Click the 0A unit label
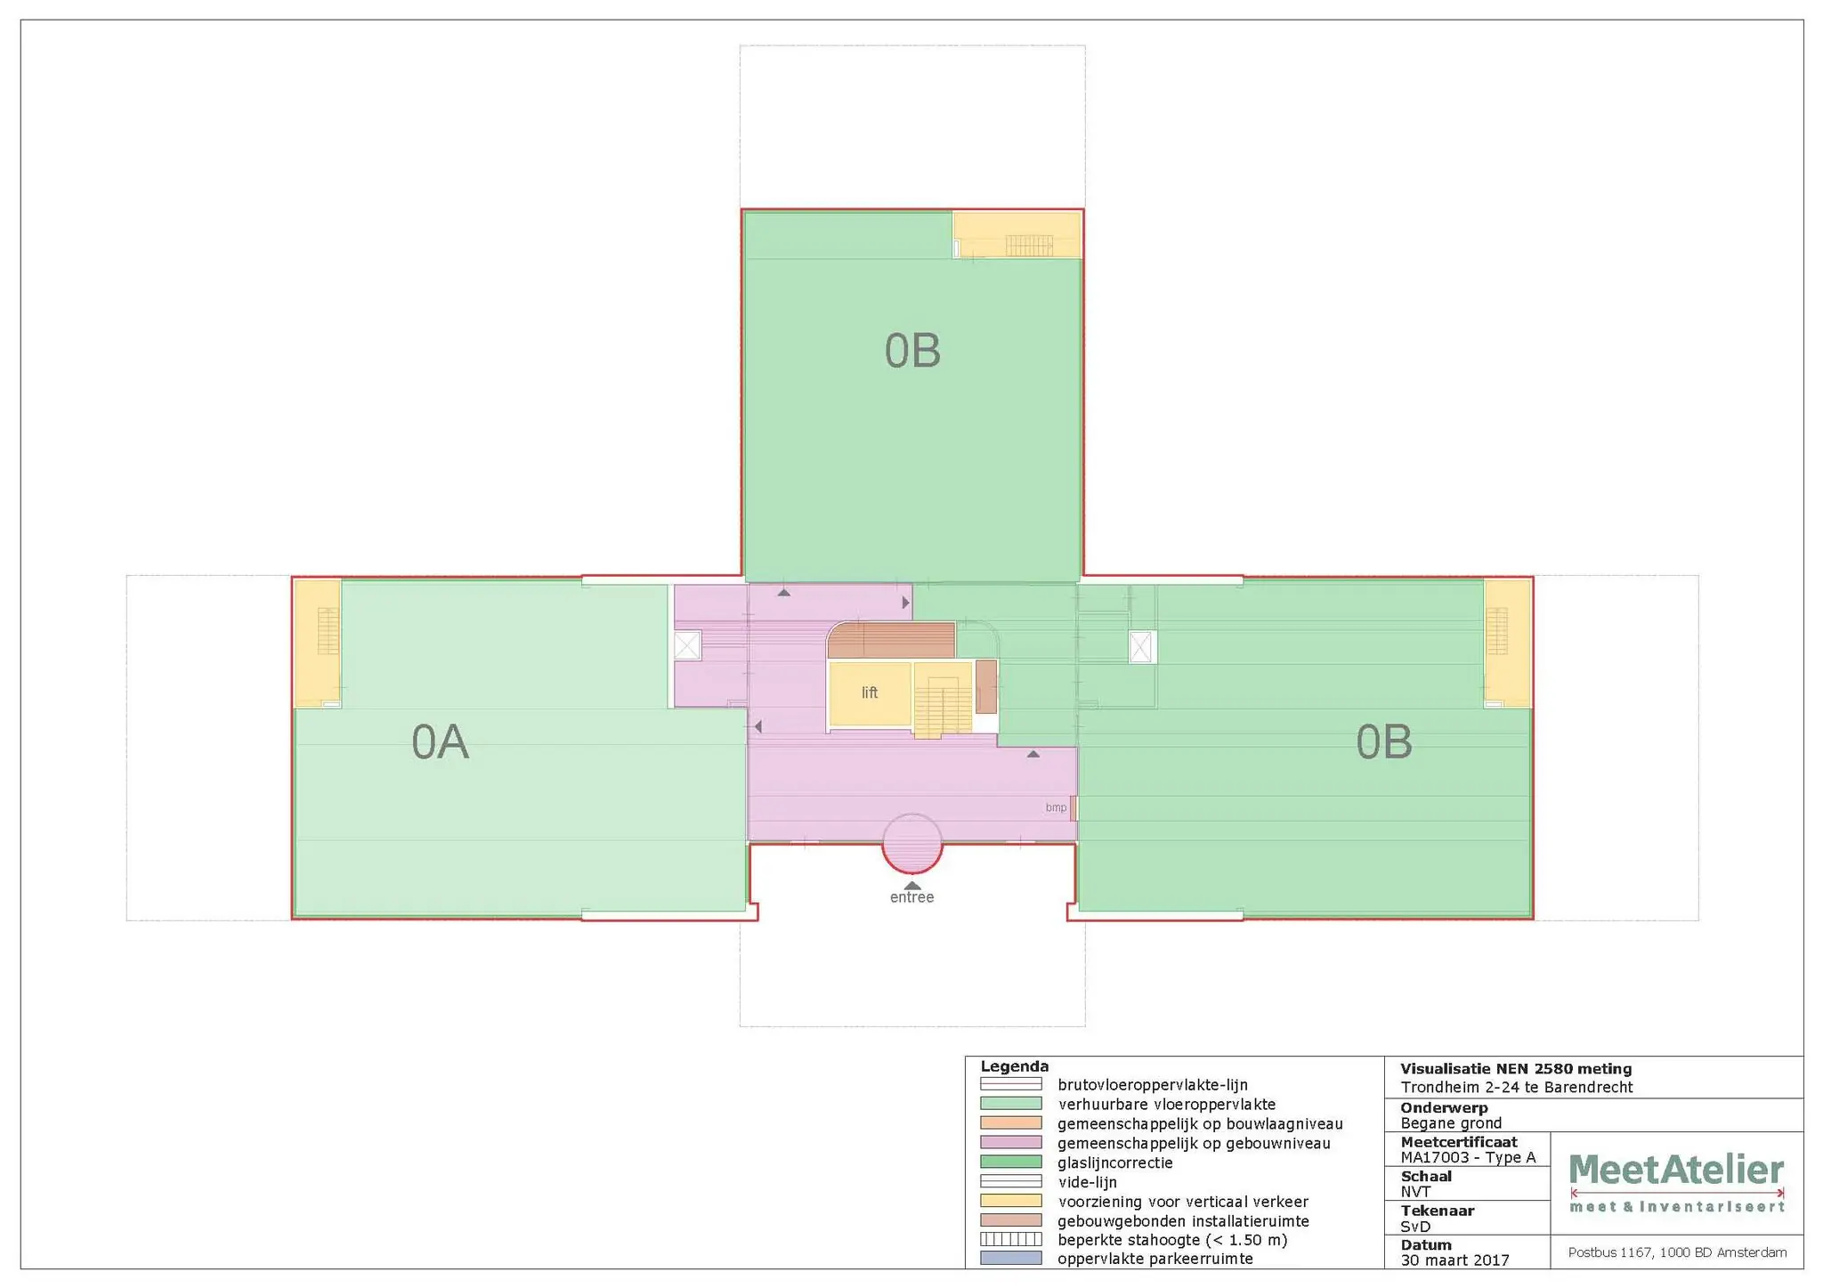440,742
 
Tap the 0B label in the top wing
912,351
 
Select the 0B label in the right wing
1383,742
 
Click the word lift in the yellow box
870,693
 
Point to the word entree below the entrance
911,897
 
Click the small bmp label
1056,807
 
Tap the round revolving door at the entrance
911,843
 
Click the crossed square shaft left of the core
687,645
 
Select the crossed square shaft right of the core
1141,647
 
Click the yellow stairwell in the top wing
1017,235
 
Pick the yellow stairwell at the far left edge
318,643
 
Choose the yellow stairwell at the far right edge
1507,643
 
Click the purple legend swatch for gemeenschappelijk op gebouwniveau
1010,1143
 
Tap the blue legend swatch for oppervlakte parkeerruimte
1010,1259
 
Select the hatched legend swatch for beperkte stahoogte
1010,1239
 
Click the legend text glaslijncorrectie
1114,1162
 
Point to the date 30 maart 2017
1454,1260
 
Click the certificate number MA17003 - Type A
1468,1157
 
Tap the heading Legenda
1014,1066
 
